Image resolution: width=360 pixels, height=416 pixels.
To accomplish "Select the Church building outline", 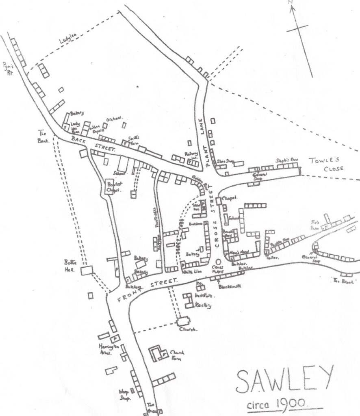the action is (x=183, y=321).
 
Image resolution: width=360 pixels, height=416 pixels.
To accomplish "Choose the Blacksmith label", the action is (x=230, y=286).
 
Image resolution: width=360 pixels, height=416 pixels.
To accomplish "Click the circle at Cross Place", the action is (x=219, y=262).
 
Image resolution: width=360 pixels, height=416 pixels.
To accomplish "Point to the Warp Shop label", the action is (x=124, y=393).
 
